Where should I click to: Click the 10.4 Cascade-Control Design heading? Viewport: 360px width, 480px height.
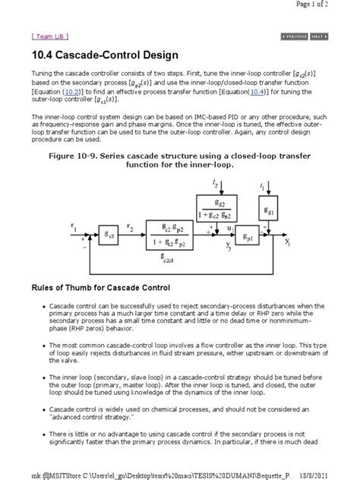pos(104,55)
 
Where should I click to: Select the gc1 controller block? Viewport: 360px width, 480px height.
pos(110,236)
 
